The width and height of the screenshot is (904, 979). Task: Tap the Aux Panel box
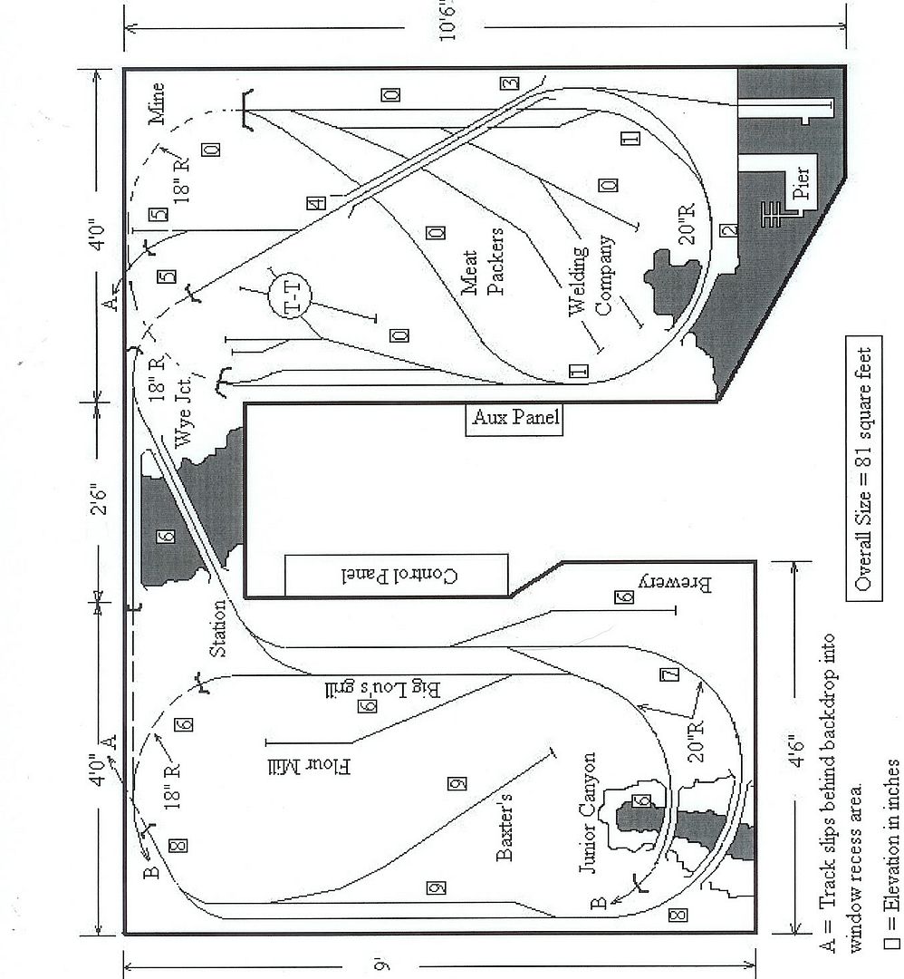click(x=515, y=419)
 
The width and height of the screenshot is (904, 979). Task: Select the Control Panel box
click(x=396, y=576)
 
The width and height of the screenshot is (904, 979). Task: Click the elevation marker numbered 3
click(x=509, y=83)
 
